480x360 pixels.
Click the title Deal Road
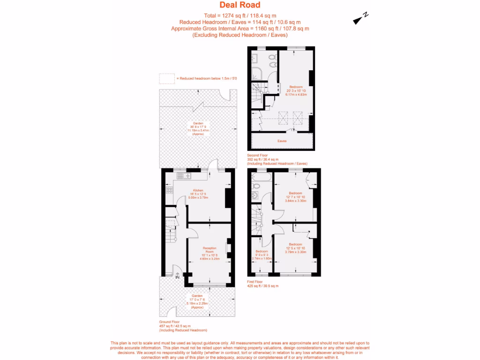[240, 5]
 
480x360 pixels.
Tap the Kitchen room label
[197, 190]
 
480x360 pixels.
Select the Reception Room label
[210, 250]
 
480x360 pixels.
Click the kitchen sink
[182, 176]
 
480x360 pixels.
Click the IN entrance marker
[178, 277]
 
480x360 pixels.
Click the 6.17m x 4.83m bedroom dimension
[296, 94]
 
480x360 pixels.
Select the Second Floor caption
[258, 155]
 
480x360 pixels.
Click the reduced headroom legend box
[166, 78]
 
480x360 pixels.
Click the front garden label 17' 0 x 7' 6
[197, 300]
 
